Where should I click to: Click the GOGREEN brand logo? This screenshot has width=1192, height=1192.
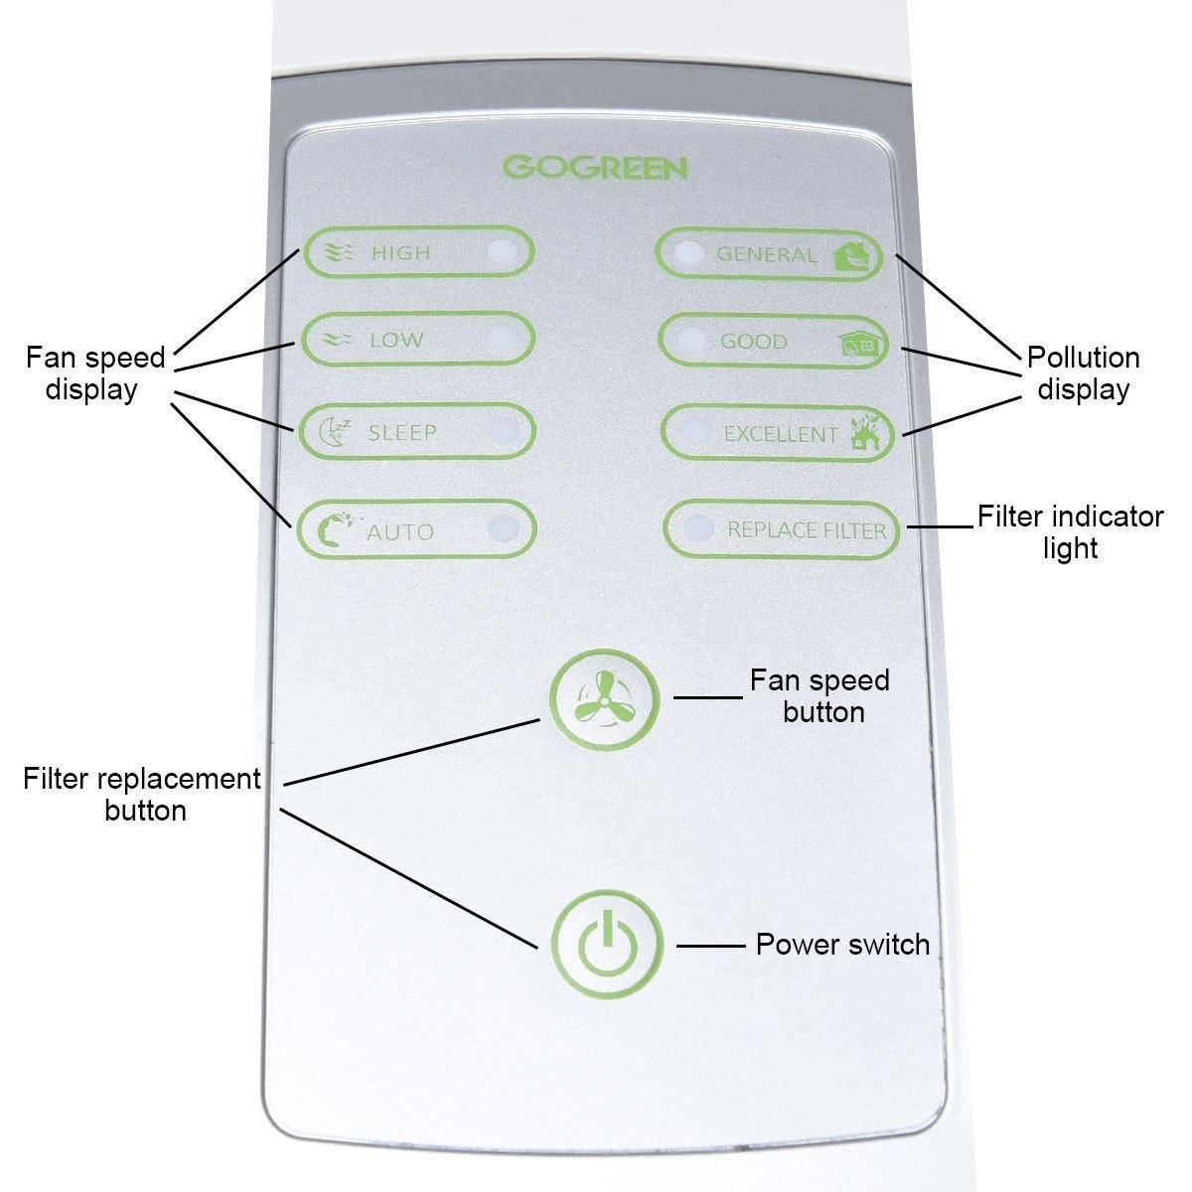coord(594,167)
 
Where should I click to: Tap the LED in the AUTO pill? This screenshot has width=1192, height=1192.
coord(504,529)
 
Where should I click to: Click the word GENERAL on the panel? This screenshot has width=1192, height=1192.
coord(766,254)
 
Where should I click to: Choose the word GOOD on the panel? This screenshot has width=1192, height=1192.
coord(754,342)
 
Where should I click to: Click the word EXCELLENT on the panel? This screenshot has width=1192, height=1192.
coord(780,434)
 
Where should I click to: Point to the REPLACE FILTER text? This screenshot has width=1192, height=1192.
coord(807,529)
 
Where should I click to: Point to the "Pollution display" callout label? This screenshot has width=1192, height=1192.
coord(1083,372)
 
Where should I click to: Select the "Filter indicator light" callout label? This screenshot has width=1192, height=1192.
coord(1069,531)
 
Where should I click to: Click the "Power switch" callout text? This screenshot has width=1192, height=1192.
coord(842,944)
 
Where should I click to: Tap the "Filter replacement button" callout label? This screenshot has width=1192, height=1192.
coord(142,794)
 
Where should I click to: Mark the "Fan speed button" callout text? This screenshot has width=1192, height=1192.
coord(820,695)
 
